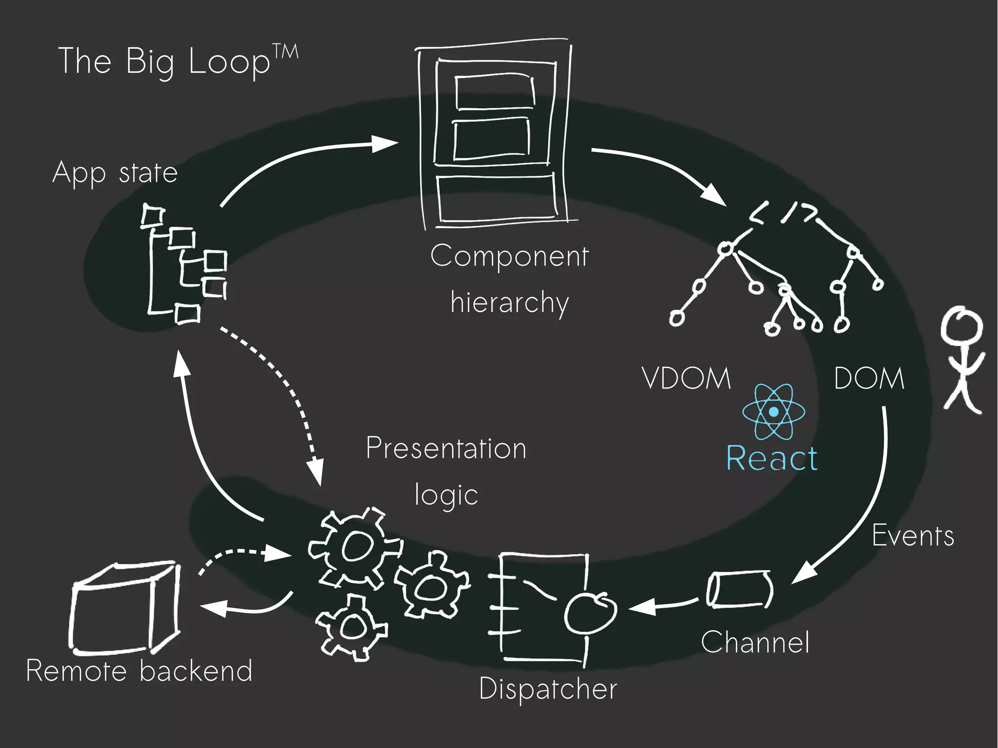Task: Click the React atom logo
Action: tap(773, 412)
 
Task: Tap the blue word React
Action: tap(772, 459)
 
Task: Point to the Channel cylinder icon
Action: tap(740, 590)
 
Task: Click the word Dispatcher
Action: tap(548, 689)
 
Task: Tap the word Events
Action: tap(913, 536)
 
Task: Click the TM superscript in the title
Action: tap(285, 52)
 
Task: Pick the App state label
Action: tap(115, 173)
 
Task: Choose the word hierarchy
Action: tap(509, 303)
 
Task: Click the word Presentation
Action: tap(446, 448)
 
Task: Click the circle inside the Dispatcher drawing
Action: tap(590, 613)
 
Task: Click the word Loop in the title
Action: tap(229, 62)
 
